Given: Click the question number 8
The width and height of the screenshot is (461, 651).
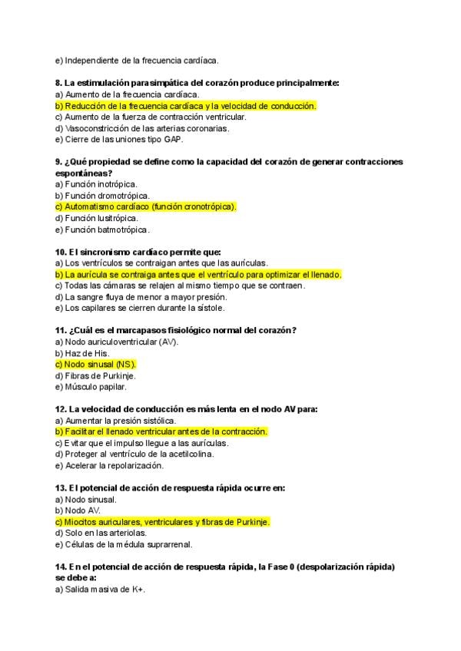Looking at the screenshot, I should point(58,82).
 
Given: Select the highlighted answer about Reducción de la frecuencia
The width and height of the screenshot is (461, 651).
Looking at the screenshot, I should point(185,105).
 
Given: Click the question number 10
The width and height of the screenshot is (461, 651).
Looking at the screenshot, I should point(61,252).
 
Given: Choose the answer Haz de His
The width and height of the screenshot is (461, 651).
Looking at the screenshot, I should point(87,352).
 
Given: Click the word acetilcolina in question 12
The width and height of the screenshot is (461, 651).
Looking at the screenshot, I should point(187,454).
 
